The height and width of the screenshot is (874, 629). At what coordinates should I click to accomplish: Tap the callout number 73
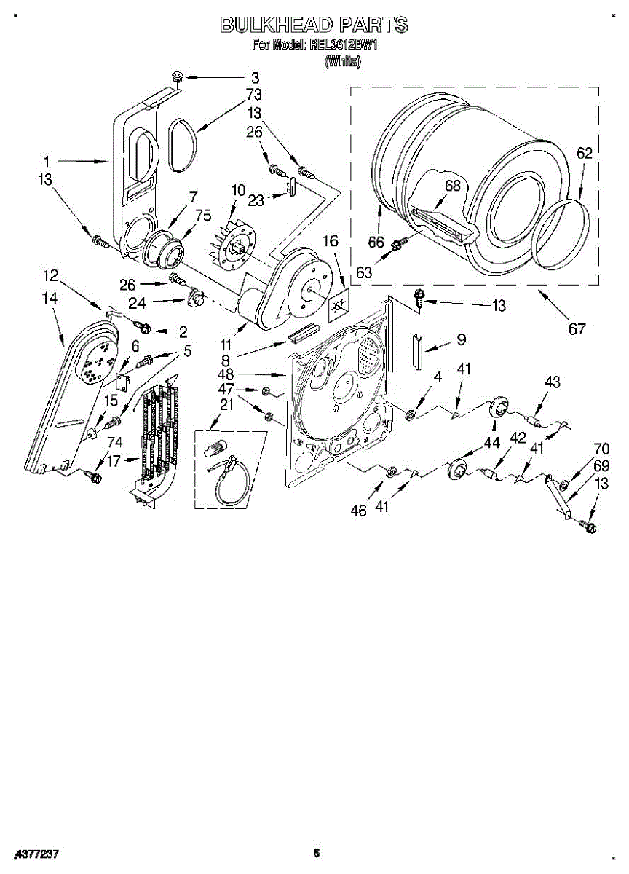coord(253,95)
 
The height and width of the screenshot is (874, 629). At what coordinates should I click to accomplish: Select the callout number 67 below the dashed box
coord(577,329)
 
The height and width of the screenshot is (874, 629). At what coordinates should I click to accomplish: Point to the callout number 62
coord(585,154)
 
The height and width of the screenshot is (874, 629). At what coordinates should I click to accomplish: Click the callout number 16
coord(331,241)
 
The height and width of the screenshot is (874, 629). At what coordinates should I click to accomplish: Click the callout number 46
coord(358,511)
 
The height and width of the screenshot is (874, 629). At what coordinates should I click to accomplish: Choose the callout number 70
coord(601,449)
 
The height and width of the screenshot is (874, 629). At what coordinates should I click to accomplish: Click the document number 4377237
coord(36,853)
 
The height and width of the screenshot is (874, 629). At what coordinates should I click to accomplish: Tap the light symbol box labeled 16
coord(338,308)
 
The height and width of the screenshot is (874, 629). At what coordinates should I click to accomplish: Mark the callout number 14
coord(50,297)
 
